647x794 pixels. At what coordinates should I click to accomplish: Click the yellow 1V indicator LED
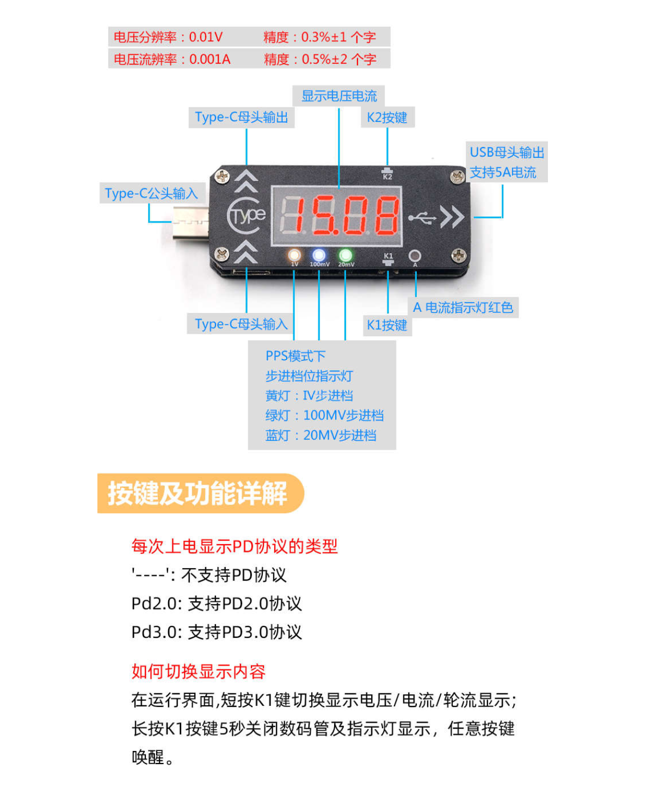(x=294, y=255)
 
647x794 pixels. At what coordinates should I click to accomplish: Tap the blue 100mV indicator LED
(x=319, y=255)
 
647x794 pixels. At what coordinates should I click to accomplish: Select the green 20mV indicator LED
(x=345, y=255)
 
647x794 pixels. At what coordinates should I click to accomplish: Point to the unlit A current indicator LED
(x=415, y=256)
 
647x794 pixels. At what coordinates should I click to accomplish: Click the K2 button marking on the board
(x=387, y=174)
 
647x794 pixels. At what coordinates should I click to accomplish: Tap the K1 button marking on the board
(x=388, y=258)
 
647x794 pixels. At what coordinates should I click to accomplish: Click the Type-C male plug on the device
(x=190, y=222)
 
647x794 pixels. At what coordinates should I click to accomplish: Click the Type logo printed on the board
(x=246, y=216)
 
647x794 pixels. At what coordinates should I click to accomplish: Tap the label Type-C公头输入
(x=151, y=194)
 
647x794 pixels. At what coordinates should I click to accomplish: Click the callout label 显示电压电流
(x=339, y=96)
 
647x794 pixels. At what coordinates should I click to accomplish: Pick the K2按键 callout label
(x=387, y=118)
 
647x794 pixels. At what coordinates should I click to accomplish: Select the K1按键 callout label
(x=387, y=325)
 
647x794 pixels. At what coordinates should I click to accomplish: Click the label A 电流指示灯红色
(x=463, y=307)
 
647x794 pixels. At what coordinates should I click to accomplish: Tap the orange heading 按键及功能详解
(x=198, y=493)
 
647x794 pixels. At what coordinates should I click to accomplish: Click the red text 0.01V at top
(x=206, y=37)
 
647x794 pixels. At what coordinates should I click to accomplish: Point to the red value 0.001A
(x=210, y=59)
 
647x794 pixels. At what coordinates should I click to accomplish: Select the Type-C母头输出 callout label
(x=242, y=117)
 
